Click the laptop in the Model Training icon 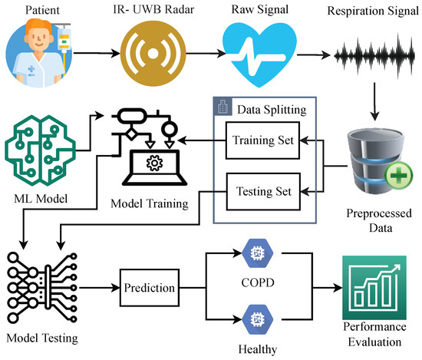153,167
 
